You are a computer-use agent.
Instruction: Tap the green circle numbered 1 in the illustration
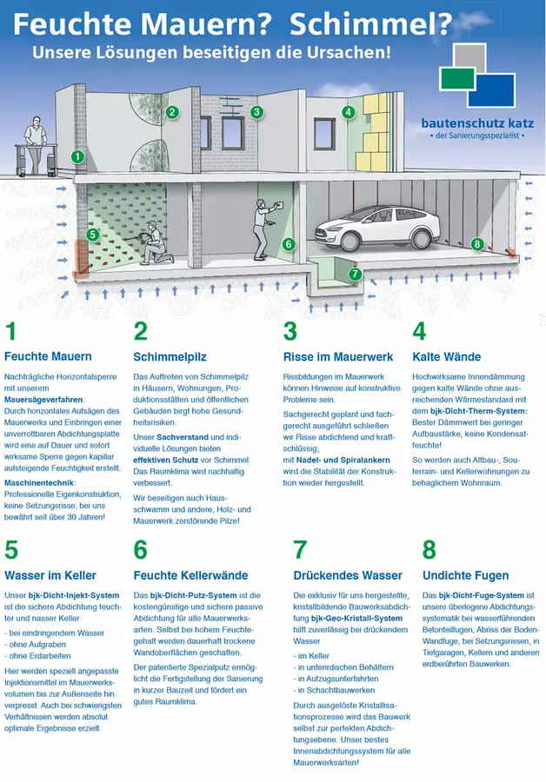(x=78, y=157)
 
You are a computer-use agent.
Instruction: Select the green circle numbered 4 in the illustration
(x=348, y=111)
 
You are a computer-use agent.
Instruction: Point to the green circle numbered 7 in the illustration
(x=354, y=274)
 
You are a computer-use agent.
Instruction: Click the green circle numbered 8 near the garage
(x=476, y=244)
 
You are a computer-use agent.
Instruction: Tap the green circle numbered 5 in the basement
(x=92, y=234)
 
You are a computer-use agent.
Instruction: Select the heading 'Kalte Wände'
(x=446, y=356)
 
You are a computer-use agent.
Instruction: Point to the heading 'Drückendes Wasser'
(x=335, y=575)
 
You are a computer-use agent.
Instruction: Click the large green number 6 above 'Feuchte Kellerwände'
(x=140, y=550)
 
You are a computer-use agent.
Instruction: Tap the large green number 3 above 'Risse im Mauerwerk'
(x=290, y=331)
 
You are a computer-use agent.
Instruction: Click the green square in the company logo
(x=458, y=79)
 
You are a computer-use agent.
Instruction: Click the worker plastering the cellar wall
(x=260, y=227)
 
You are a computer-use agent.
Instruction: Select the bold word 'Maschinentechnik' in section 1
(x=39, y=482)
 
